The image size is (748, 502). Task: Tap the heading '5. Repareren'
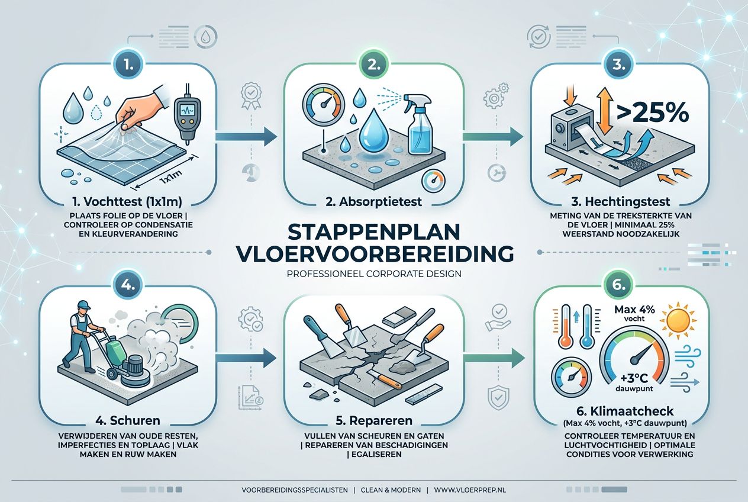click(x=373, y=421)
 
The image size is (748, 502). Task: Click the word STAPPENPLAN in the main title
click(x=374, y=230)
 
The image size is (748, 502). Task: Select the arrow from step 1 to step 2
click(x=246, y=137)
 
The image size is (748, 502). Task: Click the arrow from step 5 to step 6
click(x=494, y=357)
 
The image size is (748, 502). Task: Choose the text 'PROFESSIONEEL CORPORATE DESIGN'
click(x=373, y=274)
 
